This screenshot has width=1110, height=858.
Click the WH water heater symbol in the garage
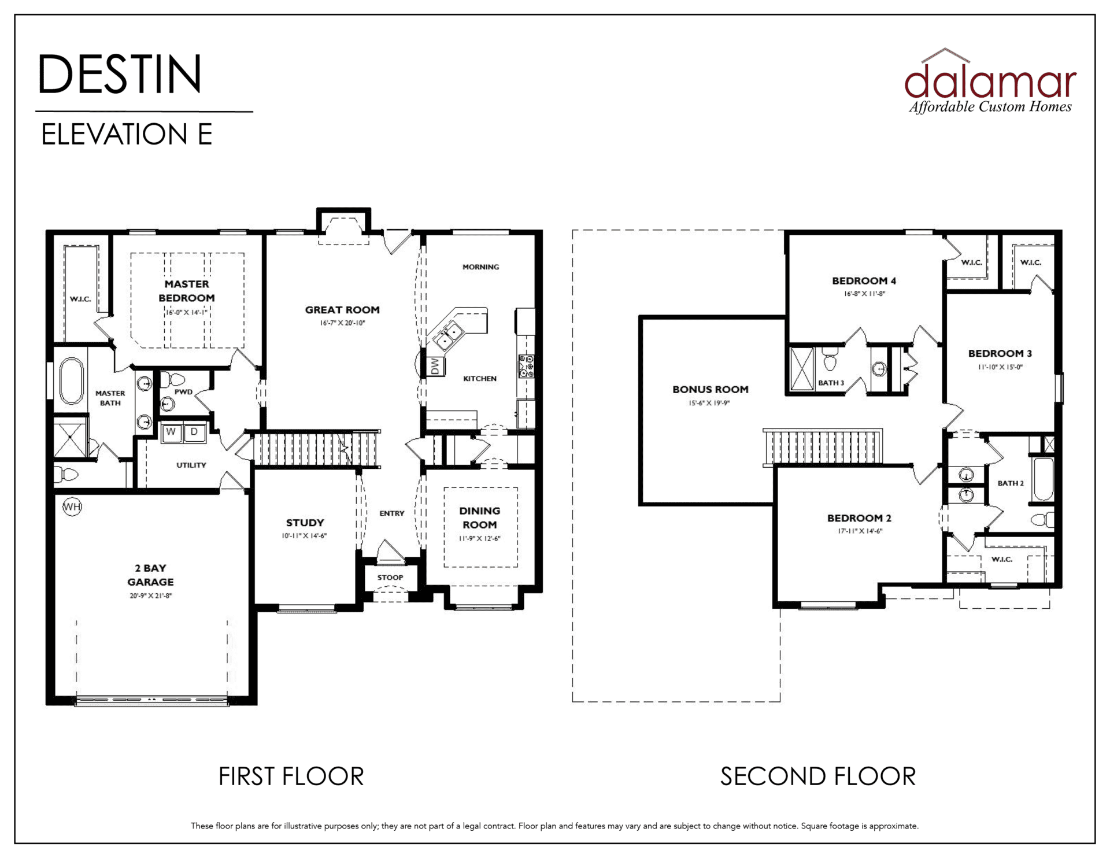point(72,508)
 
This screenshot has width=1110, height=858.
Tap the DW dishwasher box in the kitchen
point(435,366)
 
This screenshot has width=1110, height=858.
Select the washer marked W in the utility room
point(171,432)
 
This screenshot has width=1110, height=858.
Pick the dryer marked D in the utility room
point(194,432)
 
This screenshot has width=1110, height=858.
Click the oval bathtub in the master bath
point(71,381)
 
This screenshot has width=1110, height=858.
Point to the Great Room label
point(342,310)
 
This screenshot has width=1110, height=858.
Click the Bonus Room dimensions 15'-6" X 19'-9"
point(709,403)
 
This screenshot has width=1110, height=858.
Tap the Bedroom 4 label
point(864,281)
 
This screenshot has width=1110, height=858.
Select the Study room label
point(305,523)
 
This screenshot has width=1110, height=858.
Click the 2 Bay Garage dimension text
point(151,596)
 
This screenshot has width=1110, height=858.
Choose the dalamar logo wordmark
point(990,81)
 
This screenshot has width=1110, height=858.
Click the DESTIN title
point(120,74)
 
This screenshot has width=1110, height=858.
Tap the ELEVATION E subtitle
point(127,134)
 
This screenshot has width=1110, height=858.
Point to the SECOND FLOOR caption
point(818,776)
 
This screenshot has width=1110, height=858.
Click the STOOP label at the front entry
point(390,578)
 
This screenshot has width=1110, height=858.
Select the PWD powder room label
point(183,392)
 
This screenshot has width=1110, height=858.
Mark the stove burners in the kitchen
point(526,367)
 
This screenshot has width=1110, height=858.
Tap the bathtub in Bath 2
point(1043,479)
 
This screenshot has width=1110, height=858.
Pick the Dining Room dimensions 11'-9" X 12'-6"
point(479,538)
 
